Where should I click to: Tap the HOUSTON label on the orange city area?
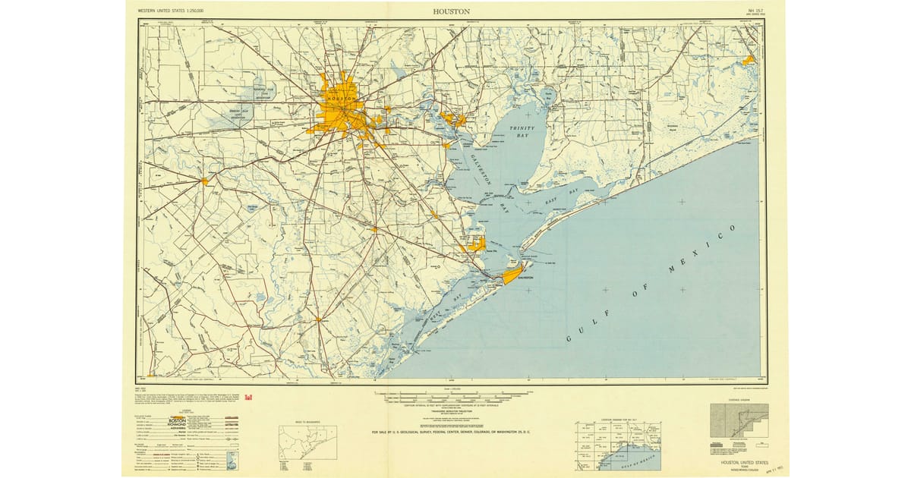coord(342,100)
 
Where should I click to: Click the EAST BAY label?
coord(561,198)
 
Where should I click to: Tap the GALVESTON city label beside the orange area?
coord(522,278)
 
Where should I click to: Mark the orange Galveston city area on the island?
coord(512,273)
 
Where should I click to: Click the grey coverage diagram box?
coord(739,420)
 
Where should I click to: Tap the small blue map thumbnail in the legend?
coord(232,460)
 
